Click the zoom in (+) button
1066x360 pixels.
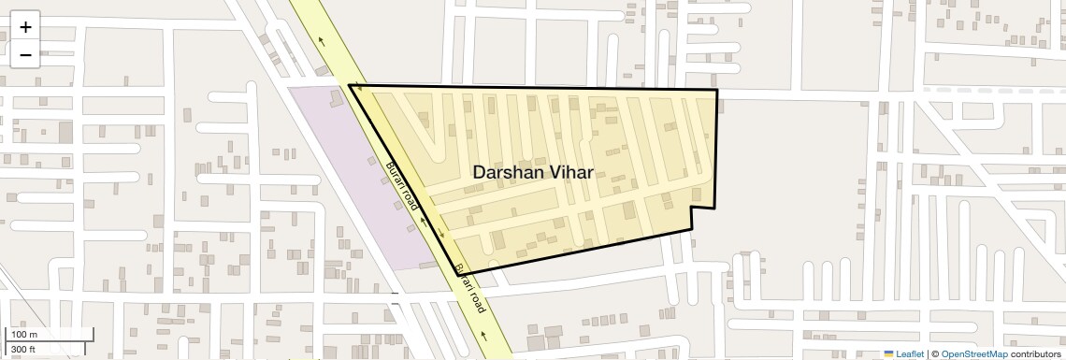tap(25, 27)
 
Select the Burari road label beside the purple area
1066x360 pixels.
tap(401, 192)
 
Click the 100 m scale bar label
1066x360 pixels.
tap(25, 335)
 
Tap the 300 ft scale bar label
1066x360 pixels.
tap(23, 350)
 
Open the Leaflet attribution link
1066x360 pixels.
tap(910, 353)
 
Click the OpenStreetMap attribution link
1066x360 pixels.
tap(973, 353)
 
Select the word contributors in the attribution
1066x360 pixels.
tap(1035, 353)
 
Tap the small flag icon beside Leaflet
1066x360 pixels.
tap(888, 353)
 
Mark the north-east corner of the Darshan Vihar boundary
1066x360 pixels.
tap(716, 90)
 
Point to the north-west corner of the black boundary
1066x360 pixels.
tap(350, 85)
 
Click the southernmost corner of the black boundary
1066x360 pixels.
tap(462, 274)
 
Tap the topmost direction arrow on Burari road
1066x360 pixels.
tap(322, 40)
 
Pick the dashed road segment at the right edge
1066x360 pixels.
tap(991, 88)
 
